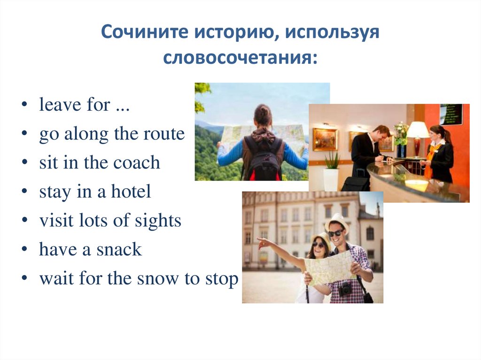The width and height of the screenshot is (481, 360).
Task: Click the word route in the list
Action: click(165, 134)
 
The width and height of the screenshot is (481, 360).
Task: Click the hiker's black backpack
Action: click(263, 157)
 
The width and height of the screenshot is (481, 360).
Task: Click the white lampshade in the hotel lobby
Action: click(418, 130)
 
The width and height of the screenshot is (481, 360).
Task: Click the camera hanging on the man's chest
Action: click(345, 288)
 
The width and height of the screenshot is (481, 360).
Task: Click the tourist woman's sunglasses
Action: click(318, 245)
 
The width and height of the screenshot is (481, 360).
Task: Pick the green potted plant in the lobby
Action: click(332, 162)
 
